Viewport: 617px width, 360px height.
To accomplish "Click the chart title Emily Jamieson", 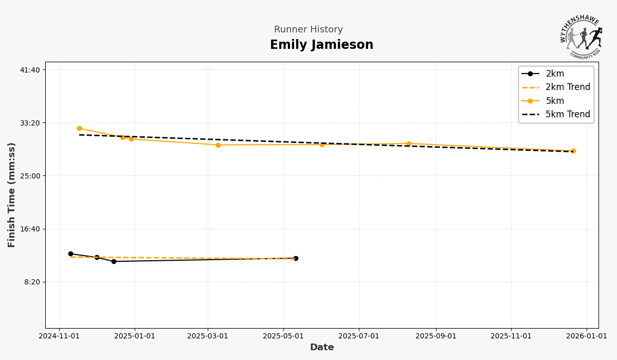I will pyautogui.click(x=321, y=45).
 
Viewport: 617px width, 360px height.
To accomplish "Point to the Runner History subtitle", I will pyautogui.click(x=308, y=30).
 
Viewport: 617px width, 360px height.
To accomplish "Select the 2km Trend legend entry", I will pyautogui.click(x=568, y=87).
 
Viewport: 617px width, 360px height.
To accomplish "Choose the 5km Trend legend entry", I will pyautogui.click(x=568, y=115).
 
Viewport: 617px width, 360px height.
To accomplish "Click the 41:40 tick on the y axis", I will pyautogui.click(x=30, y=70).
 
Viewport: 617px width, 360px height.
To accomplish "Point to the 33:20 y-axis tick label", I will pyautogui.click(x=30, y=123).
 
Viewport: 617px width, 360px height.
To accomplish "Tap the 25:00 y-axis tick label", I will pyautogui.click(x=30, y=176).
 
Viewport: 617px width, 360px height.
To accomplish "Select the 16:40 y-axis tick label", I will pyautogui.click(x=30, y=229).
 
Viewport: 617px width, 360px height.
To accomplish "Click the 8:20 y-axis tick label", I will pyautogui.click(x=32, y=282).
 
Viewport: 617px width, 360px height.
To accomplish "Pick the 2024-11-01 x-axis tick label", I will pyautogui.click(x=59, y=336).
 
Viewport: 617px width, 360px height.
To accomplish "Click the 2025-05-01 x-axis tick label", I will pyautogui.click(x=283, y=336).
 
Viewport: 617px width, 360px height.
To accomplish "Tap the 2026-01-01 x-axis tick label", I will pyautogui.click(x=587, y=336).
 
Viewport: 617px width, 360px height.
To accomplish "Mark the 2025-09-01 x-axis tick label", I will pyautogui.click(x=436, y=336).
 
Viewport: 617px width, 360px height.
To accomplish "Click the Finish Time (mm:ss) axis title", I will pyautogui.click(x=12, y=195).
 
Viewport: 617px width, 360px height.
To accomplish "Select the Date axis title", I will pyautogui.click(x=322, y=348).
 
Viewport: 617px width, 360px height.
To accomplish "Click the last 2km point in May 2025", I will pyautogui.click(x=296, y=258).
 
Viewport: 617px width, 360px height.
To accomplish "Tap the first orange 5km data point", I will pyautogui.click(x=79, y=129).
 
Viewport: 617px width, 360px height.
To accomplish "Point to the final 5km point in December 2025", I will pyautogui.click(x=573, y=151).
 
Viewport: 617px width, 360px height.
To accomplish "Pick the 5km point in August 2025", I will pyautogui.click(x=409, y=143).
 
